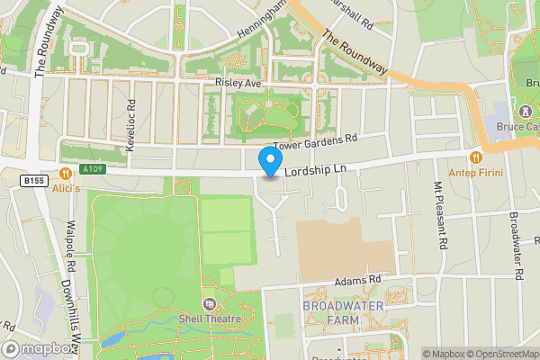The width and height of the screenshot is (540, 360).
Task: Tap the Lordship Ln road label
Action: click(315, 169)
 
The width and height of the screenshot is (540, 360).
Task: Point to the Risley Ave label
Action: click(238, 83)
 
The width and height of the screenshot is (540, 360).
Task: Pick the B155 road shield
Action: click(33, 180)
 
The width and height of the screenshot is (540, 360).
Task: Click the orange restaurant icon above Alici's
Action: click(65, 173)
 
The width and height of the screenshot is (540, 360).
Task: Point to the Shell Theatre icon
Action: click(209, 304)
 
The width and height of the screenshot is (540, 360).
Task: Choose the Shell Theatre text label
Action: click(209, 319)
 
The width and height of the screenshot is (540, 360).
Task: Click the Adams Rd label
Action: click(358, 281)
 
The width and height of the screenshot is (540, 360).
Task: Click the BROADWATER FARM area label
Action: click(343, 313)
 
